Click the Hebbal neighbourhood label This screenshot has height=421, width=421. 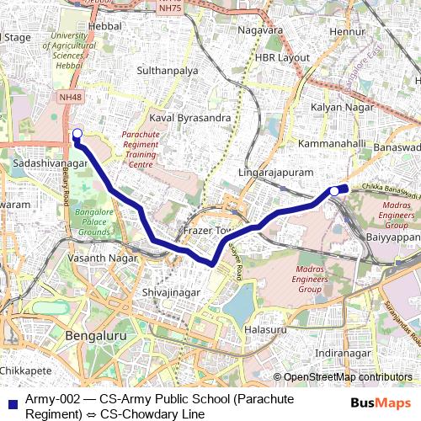(104, 28)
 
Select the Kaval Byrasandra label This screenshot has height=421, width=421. (189, 118)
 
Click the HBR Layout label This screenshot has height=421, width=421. (282, 58)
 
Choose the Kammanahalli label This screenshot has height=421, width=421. (333, 144)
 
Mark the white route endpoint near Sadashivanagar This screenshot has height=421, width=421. (77, 133)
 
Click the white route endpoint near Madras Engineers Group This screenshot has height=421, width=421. (333, 191)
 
